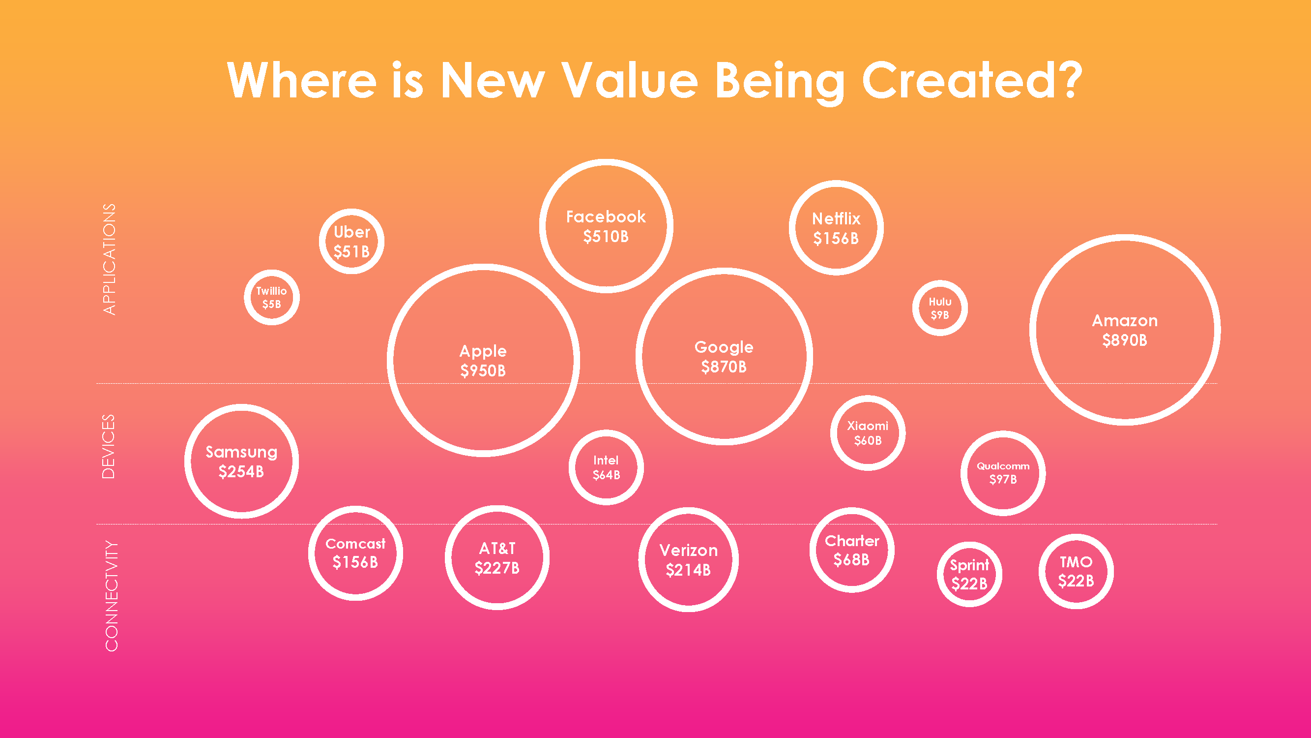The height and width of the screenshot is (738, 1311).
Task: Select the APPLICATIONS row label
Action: pos(110,259)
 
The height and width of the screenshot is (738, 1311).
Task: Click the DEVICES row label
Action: pos(109,446)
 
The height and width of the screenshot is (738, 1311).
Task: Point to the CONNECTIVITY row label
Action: pos(111,595)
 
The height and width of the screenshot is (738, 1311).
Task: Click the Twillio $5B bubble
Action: pos(271,298)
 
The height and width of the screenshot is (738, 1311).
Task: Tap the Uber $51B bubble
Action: pos(351,242)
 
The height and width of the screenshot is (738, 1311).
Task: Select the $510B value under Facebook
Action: pos(606,236)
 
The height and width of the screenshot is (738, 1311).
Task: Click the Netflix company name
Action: pos(836,218)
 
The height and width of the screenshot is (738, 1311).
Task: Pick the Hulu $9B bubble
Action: pos(939,308)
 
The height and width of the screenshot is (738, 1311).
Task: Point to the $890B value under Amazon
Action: pos(1125,340)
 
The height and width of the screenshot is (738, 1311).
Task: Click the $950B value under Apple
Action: pos(483,370)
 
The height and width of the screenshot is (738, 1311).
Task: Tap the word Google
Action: pos(724,347)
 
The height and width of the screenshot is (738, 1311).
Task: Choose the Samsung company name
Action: pos(241,452)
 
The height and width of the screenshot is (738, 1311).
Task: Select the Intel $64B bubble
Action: pos(606,467)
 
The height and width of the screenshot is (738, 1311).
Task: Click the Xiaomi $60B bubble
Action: pos(867,433)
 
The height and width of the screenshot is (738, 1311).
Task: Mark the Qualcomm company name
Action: pos(1003,466)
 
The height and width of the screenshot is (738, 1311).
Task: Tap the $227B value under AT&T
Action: pos(496,568)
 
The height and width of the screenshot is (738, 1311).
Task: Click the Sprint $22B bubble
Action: pos(969,574)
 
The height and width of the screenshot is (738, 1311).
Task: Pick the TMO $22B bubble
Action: pos(1076,571)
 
